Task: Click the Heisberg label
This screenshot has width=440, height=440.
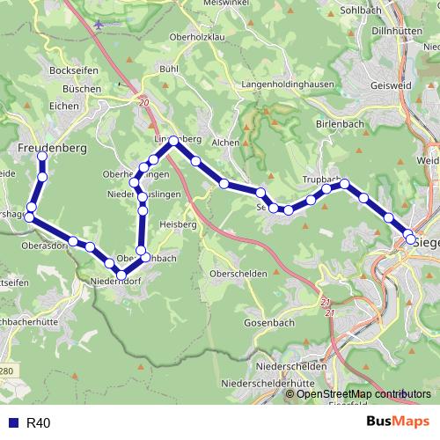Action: [177, 224]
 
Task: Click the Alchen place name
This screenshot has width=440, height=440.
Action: [225, 142]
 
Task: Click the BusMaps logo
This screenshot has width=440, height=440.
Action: [398, 422]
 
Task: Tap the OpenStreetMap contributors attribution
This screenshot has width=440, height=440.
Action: [357, 394]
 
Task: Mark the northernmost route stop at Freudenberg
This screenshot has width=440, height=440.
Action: [41, 157]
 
